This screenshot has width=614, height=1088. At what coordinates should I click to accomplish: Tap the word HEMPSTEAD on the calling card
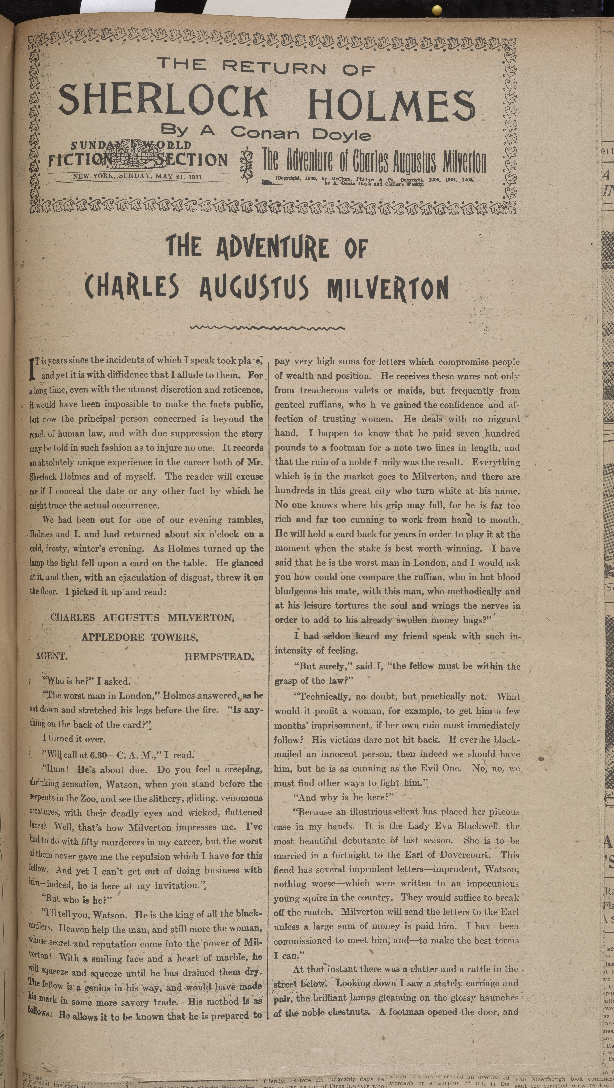coord(218,657)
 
